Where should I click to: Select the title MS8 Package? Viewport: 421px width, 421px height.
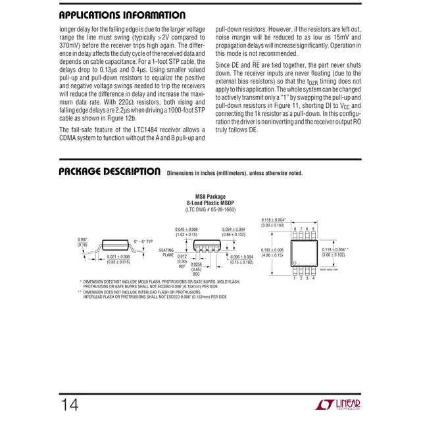[x=210, y=195]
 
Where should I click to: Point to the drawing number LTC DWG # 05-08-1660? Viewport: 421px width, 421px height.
[x=210, y=209]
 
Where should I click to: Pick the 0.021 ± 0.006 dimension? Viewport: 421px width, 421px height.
[x=118, y=257]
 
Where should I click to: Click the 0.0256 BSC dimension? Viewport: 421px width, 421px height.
[x=197, y=269]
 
